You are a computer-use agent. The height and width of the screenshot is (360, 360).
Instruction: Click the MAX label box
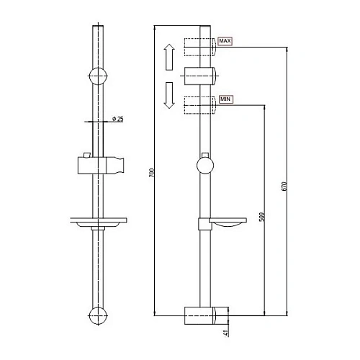225,42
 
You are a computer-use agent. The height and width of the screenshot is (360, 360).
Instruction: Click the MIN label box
225,99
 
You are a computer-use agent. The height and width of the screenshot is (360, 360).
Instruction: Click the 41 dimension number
226,332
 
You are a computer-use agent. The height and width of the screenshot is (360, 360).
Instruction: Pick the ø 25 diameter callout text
120,119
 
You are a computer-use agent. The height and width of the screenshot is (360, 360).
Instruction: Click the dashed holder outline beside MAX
199,48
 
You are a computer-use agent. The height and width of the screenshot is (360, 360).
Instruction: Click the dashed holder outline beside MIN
199,104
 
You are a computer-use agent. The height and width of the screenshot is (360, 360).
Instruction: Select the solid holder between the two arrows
199,76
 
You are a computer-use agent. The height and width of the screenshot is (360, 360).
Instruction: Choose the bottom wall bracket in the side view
205,315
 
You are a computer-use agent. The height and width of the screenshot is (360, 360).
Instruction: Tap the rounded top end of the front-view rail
97,27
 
